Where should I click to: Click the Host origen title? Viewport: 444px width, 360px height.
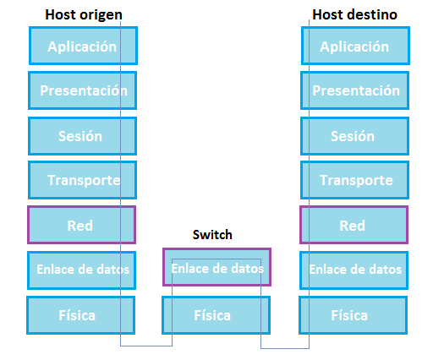coord(84,14)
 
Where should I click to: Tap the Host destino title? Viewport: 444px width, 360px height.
coord(355,14)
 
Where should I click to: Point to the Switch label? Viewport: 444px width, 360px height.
coord(212,235)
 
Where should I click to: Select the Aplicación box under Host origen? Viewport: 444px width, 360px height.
coord(83,46)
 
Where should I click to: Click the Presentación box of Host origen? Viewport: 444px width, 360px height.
coord(82,90)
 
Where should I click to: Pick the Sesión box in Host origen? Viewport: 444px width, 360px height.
coord(82,136)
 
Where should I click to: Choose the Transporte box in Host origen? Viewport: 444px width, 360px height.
coord(82,180)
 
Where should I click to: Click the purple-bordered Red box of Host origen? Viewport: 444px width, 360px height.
coord(81,225)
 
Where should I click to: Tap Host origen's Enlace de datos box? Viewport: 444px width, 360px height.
coord(81,270)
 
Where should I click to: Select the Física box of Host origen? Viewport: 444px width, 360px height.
coord(80,315)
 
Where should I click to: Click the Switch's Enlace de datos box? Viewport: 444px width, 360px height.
coord(217,267)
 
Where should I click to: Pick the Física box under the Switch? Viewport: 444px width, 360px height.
coord(216,315)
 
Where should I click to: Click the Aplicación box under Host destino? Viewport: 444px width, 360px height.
coord(356,46)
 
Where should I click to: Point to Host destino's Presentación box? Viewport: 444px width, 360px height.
coord(355,90)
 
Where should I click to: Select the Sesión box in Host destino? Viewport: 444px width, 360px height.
coord(355,136)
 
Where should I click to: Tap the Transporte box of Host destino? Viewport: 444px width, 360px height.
coord(355,180)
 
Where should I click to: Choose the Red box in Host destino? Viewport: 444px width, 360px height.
coord(354,225)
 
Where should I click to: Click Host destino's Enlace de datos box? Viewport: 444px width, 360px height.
coord(354,270)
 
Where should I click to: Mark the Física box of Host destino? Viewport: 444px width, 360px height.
coord(354,315)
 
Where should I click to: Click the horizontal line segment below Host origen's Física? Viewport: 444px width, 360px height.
coord(146,346)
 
